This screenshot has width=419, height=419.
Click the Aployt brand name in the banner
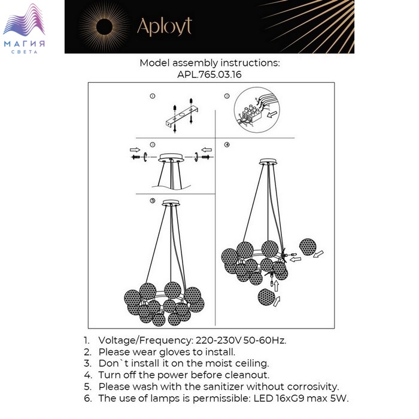pyautogui.click(x=165, y=27)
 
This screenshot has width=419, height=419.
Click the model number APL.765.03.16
pyautogui.click(x=209, y=74)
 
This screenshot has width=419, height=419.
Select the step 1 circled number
pyautogui.click(x=152, y=96)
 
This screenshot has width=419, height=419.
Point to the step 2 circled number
pyautogui.click(x=227, y=96)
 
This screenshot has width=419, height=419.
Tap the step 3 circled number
pyautogui.click(x=153, y=145)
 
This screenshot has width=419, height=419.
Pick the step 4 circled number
pyautogui.click(x=227, y=145)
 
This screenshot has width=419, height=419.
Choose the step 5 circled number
pyautogui.click(x=152, y=201)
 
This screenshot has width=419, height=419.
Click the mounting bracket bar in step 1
pyautogui.click(x=182, y=117)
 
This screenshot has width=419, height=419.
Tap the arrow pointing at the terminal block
pyautogui.click(x=272, y=114)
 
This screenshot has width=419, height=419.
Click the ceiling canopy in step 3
pyautogui.click(x=171, y=157)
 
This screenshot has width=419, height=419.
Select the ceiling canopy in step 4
pyautogui.click(x=268, y=162)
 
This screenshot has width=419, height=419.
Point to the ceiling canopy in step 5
pyautogui.click(x=171, y=203)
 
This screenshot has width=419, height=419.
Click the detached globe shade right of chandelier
pyautogui.click(x=308, y=247)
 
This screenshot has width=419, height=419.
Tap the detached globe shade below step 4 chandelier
pyautogui.click(x=266, y=297)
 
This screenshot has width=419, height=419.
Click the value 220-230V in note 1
pyautogui.click(x=218, y=341)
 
